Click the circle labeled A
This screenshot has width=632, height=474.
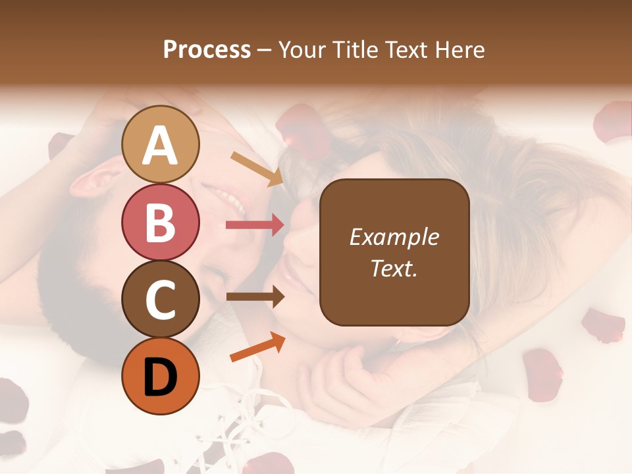pos(161,145)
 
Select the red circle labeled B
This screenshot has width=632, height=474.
pos(161,222)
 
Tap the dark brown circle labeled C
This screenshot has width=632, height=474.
pos(161,299)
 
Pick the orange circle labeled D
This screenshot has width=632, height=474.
pos(161,376)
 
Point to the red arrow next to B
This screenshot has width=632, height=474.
pos(255,225)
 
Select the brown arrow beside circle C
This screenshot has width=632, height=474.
pos(255,297)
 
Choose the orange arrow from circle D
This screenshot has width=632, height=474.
pos(257,347)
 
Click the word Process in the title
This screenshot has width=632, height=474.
pos(207,49)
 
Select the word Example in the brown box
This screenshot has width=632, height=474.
pos(394,237)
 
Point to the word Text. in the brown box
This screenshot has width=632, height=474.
pos(394,268)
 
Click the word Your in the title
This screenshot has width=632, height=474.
pos(302,49)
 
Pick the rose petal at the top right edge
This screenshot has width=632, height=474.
pos(614,121)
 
